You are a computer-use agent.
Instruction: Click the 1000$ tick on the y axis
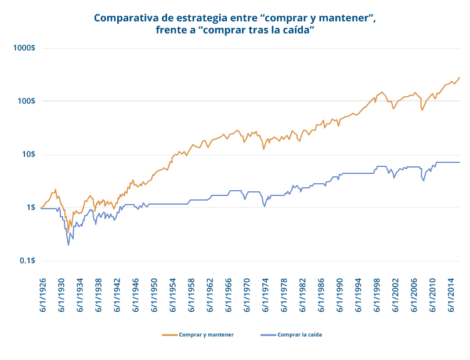24,48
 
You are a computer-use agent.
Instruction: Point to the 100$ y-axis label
26,101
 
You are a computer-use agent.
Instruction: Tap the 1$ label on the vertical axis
30,208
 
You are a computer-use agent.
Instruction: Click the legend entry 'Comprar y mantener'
206,335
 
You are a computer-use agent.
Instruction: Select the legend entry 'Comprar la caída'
299,335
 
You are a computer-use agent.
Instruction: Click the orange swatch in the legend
169,335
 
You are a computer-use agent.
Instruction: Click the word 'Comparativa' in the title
127,17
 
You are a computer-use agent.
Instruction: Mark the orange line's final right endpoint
460,77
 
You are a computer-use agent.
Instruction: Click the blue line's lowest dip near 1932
68,245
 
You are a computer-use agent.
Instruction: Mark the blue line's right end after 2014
460,162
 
